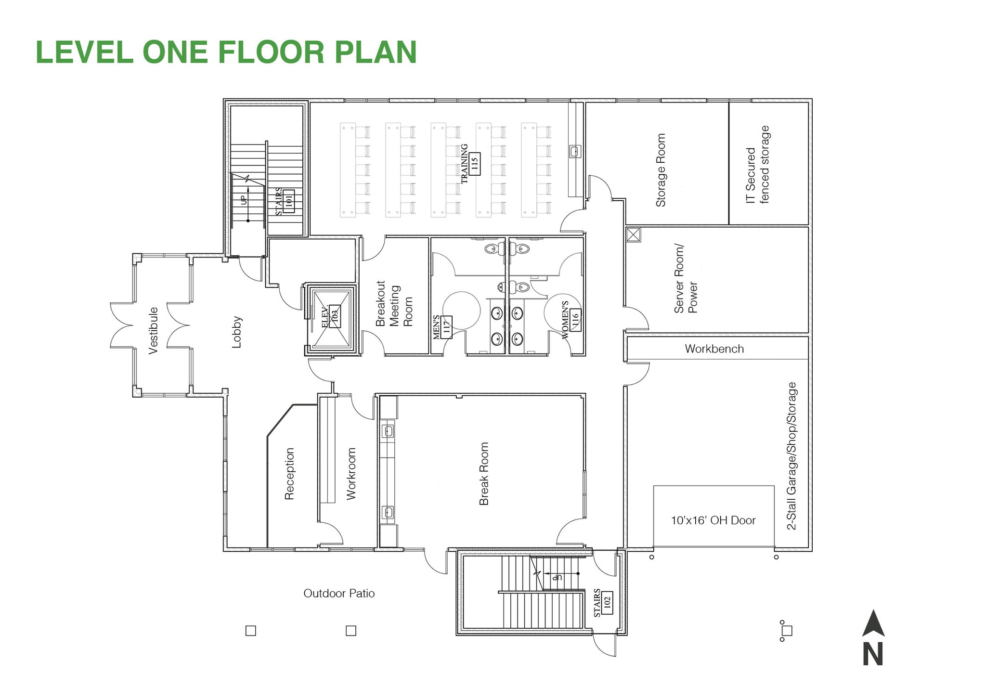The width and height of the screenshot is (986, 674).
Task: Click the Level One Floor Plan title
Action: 226,52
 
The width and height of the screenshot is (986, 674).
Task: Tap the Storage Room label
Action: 661,170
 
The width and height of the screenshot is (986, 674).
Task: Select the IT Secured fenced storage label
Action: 758,165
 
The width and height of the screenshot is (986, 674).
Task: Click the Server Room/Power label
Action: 686,279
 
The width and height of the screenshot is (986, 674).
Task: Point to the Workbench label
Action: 714,349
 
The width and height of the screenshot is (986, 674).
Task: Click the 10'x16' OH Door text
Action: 713,520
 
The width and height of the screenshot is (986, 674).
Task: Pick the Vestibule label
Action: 153,330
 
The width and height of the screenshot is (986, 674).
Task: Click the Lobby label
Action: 236,332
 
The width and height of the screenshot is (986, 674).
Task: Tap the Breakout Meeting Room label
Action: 394,304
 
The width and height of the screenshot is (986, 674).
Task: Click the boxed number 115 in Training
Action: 474,164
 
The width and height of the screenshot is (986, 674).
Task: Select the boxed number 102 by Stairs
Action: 607,602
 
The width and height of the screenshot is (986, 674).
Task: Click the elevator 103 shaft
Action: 332,319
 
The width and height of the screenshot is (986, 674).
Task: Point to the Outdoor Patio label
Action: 339,593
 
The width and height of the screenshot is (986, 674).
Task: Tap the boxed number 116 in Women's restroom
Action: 574,320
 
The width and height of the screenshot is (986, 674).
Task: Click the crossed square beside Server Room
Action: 633,234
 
